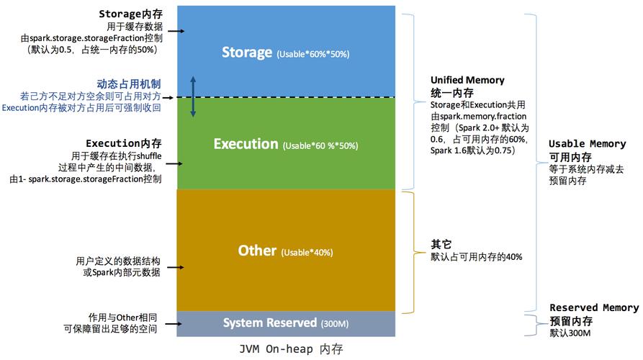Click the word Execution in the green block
pyautogui.click(x=246, y=144)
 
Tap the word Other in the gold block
pyautogui.click(x=257, y=251)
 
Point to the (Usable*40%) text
pyautogui.click(x=307, y=253)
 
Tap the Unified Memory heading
pyautogui.click(x=467, y=80)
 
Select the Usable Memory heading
pyautogui.click(x=587, y=144)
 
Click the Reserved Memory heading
pyautogui.click(x=594, y=308)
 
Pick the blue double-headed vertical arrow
pyautogui.click(x=193, y=95)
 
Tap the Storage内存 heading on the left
pyautogui.click(x=129, y=14)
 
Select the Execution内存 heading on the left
pyautogui.click(x=124, y=143)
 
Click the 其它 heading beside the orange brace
pyautogui.click(x=441, y=244)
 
